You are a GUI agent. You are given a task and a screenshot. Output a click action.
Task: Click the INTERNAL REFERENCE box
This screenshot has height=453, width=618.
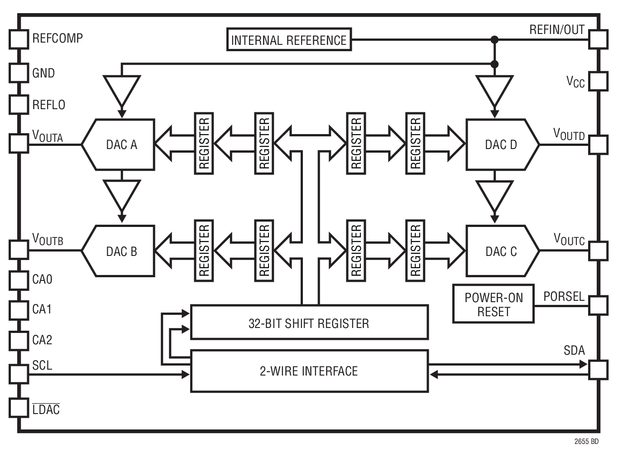click(x=289, y=40)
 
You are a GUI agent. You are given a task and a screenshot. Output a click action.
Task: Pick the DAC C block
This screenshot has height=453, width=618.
click(x=501, y=251)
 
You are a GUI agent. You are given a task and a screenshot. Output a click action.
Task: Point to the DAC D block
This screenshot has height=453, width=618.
click(x=501, y=145)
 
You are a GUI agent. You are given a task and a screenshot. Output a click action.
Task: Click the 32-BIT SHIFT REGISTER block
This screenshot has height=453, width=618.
click(x=309, y=323)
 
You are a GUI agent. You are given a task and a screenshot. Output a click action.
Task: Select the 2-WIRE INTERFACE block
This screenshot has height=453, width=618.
click(x=309, y=371)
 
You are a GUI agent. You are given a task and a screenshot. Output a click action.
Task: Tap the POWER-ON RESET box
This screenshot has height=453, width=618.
click(x=493, y=304)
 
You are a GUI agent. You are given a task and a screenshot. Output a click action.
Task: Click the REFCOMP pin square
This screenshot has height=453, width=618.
click(x=19, y=39)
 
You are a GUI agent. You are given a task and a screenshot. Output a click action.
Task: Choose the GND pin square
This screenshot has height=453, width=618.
click(x=19, y=72)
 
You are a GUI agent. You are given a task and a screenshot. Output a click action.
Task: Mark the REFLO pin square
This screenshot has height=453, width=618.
click(x=19, y=104)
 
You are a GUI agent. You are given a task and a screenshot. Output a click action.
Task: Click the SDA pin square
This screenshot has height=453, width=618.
click(x=598, y=370)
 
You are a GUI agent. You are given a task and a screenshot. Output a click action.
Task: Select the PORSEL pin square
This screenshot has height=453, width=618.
click(x=598, y=305)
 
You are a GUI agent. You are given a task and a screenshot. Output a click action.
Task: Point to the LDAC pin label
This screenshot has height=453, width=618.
click(x=46, y=410)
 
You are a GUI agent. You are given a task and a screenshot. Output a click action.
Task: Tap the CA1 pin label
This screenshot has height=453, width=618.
click(x=42, y=309)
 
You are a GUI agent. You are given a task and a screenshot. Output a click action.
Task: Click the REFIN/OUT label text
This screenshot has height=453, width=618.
click(x=556, y=30)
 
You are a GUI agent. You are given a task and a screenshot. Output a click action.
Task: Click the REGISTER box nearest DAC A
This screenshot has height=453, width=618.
click(x=204, y=143)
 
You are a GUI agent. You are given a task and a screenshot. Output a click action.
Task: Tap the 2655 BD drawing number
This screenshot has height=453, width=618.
click(x=586, y=441)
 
